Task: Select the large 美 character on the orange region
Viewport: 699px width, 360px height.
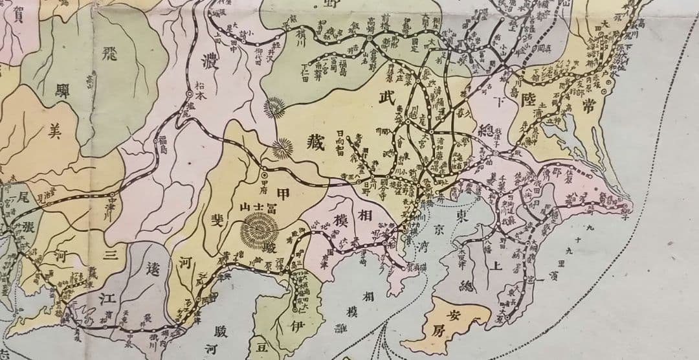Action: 54,132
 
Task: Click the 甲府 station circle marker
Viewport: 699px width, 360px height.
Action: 264,174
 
